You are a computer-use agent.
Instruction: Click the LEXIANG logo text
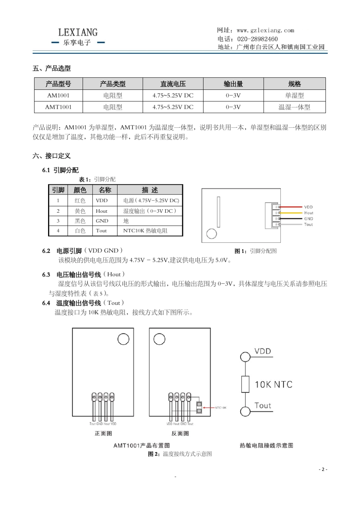[78, 33]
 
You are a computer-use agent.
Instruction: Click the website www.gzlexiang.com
[265, 30]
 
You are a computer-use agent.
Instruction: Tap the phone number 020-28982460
[257, 39]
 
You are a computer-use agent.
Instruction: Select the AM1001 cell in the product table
[58, 96]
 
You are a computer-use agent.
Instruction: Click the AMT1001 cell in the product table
[58, 107]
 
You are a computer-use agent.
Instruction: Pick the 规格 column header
[294, 84]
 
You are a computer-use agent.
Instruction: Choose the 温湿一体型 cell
[294, 107]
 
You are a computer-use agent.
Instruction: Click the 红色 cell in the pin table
[80, 201]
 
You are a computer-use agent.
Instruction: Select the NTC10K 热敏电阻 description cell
[145, 231]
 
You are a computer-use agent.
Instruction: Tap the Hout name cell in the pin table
[102, 211]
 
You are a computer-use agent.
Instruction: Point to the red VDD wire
[291, 207]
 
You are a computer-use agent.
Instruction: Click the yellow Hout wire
[291, 213]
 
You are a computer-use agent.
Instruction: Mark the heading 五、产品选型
[52, 68]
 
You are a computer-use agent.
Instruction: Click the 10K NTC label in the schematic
[273, 384]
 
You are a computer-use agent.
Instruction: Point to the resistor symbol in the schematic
[245, 384]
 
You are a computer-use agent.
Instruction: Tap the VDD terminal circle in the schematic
[245, 356]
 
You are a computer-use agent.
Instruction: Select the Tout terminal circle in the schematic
[245, 411]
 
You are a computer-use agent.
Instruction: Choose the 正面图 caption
[103, 433]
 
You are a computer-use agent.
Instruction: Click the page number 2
[323, 469]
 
